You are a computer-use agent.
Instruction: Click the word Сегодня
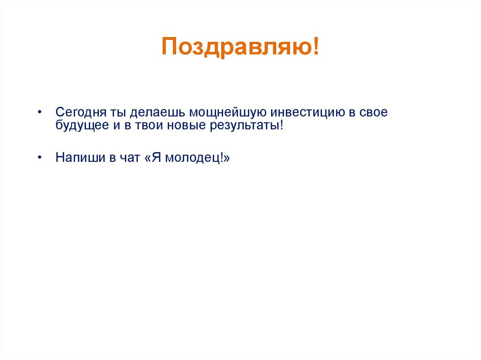pyautogui.click(x=81, y=113)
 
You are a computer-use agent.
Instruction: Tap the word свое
pyautogui.click(x=374, y=113)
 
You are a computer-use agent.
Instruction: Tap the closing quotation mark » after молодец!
pyautogui.click(x=227, y=157)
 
